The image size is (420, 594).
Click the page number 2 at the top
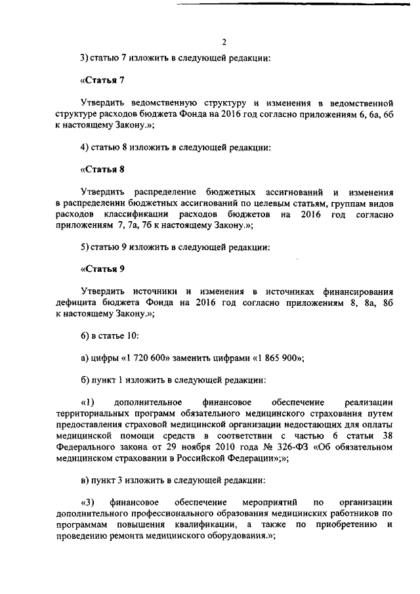pyautogui.click(x=224, y=41)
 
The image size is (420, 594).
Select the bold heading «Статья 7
pyautogui.click(x=102, y=80)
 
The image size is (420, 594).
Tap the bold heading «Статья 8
pyautogui.click(x=102, y=169)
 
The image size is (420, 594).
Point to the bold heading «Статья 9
pyautogui.click(x=102, y=268)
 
